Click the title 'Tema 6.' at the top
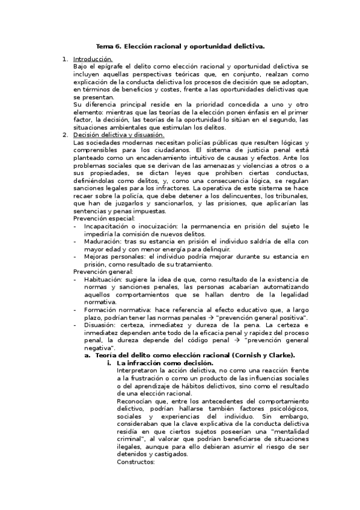[110, 46]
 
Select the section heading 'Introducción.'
[93, 59]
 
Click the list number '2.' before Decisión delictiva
[66, 135]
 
